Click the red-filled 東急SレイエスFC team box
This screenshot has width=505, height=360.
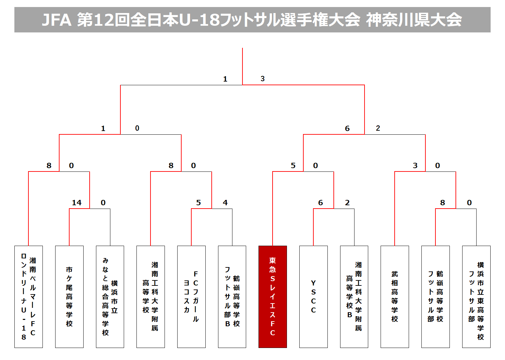[273, 296]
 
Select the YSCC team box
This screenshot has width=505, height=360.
[313, 296]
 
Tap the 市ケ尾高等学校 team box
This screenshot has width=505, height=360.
[69, 296]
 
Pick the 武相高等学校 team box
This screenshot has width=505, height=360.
[395, 296]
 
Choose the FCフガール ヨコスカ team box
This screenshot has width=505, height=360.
[191, 296]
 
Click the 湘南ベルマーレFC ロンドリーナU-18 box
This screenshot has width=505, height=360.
[28, 296]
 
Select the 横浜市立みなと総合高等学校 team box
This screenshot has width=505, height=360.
[110, 296]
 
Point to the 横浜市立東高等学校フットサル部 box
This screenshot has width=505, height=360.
[476, 296]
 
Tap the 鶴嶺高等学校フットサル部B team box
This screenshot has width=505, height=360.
[232, 296]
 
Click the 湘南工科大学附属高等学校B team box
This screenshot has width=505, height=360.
[354, 296]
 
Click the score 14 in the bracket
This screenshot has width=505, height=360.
[77, 203]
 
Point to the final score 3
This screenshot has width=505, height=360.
[263, 79]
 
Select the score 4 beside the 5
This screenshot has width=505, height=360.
[225, 203]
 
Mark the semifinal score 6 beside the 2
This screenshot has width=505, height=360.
[347, 128]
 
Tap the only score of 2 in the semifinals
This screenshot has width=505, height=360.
[378, 128]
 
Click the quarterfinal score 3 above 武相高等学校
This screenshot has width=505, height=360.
[415, 165]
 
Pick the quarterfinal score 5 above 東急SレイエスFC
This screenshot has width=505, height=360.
[293, 165]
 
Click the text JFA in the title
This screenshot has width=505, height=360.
[57, 20]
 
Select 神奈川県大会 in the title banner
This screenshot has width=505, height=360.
[414, 20]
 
